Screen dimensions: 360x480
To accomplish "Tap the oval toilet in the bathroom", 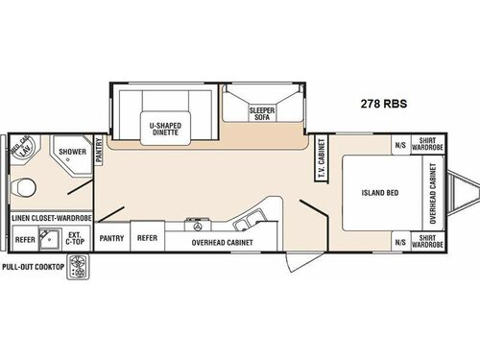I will [25, 187].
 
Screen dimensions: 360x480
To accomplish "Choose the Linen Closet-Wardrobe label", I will [52, 219].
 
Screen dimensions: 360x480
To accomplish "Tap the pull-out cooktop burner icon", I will [76, 272].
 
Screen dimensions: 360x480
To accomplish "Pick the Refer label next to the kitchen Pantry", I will [147, 237].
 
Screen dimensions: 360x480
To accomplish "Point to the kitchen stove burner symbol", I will [200, 227].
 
